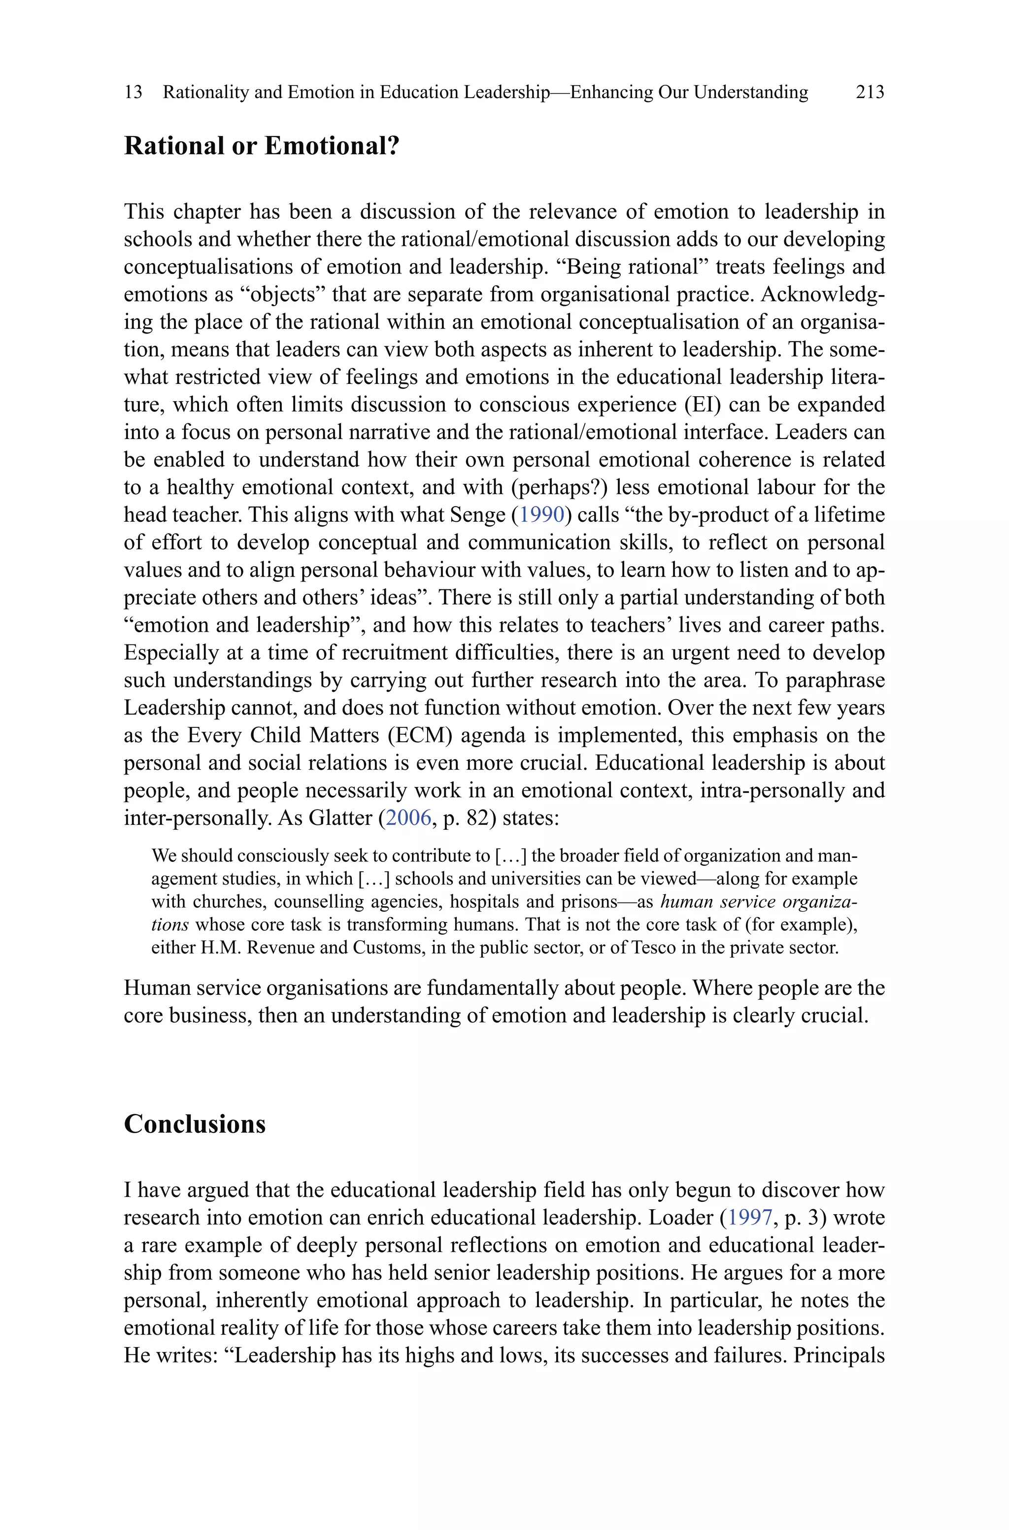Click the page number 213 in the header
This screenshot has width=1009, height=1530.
coord(870,92)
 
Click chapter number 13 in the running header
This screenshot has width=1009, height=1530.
coord(133,92)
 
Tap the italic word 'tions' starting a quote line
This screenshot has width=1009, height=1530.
coord(170,924)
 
